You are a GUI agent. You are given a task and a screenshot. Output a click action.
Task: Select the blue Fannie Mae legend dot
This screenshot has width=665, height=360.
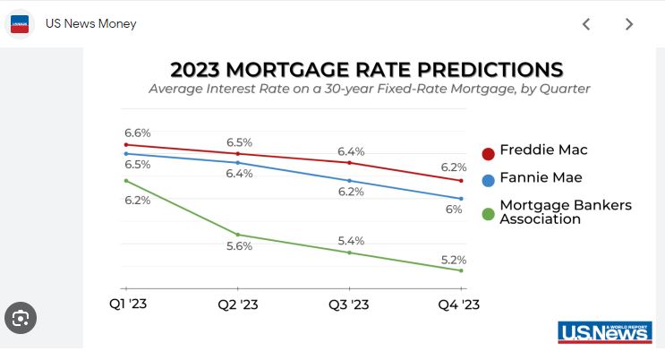[489, 180]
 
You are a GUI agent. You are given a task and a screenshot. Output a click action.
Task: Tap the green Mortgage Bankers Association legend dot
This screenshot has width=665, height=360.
[489, 213]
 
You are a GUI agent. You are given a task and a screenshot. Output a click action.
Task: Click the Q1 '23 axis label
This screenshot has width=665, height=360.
[128, 304]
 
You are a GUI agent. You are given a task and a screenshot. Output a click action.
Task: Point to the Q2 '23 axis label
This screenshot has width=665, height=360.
[238, 304]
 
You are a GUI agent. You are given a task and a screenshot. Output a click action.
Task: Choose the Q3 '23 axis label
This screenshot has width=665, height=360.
[349, 304]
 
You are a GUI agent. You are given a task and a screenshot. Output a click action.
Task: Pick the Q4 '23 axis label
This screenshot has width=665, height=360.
[459, 304]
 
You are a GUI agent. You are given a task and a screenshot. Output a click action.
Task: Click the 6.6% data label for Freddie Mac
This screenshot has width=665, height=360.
[138, 133]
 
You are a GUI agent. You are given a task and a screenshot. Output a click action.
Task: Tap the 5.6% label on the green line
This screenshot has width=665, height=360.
[239, 246]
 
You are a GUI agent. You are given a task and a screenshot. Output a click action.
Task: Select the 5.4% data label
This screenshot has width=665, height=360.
[350, 241]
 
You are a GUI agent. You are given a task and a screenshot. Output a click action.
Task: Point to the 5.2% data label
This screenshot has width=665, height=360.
[453, 260]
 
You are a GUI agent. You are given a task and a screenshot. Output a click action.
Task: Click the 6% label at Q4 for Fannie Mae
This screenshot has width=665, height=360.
[454, 209]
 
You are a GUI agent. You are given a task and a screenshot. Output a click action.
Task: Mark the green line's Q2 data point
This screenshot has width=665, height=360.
[238, 235]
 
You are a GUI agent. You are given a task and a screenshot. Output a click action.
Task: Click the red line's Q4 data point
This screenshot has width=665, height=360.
[460, 180]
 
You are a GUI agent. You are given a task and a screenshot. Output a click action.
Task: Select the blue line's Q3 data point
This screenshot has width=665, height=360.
[349, 180]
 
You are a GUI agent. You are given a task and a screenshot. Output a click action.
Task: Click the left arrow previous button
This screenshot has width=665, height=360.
[586, 24]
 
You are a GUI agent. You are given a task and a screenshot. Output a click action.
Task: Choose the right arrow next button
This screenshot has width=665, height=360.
[629, 24]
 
